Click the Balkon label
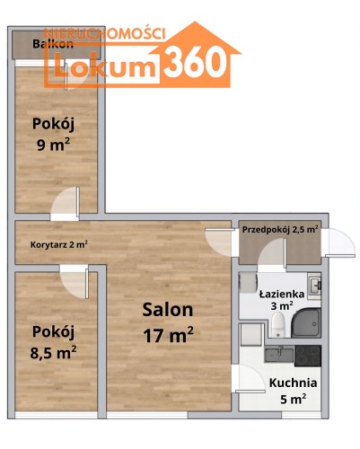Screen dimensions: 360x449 pos(53,44)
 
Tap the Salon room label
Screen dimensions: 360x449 pos(168,310)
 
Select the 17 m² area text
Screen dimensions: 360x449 pos(168,334)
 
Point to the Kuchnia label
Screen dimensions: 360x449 pos(293,383)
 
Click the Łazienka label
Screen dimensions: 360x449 pos(282,294)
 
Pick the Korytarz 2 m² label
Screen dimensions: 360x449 pos(59,244)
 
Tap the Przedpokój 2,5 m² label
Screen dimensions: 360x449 pos(280,230)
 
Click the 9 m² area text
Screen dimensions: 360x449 pos(53,145)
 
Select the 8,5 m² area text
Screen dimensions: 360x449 pos(53,352)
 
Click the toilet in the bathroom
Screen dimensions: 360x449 pos(278,324)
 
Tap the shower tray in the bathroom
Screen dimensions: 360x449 pos(306,322)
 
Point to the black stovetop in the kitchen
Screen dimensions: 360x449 pos(308,356)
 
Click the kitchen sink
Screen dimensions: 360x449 pos(279,355)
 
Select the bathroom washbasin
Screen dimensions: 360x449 pos(315,286)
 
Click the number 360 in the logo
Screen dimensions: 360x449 pos(195,64)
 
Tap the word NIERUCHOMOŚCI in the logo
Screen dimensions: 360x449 pos(104,33)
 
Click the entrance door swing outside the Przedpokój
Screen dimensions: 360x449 pos(341,242)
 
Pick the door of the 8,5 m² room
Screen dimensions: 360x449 pos(75,282)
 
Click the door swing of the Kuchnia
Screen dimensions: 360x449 pos(250,378)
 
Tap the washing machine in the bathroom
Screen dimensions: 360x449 pos(248,283)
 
